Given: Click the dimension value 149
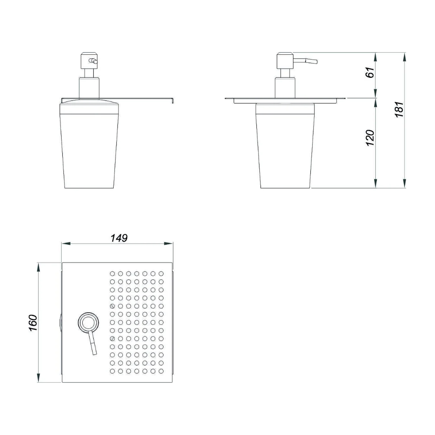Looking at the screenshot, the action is pos(119,238).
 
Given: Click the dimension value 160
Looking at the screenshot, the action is pos(33,322).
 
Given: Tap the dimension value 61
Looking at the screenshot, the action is pos(370,72).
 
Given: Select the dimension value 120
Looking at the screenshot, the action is pos(370,138).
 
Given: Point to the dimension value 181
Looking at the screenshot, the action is pos(399,110).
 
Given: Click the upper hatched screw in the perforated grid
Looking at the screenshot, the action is pos(112,306).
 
